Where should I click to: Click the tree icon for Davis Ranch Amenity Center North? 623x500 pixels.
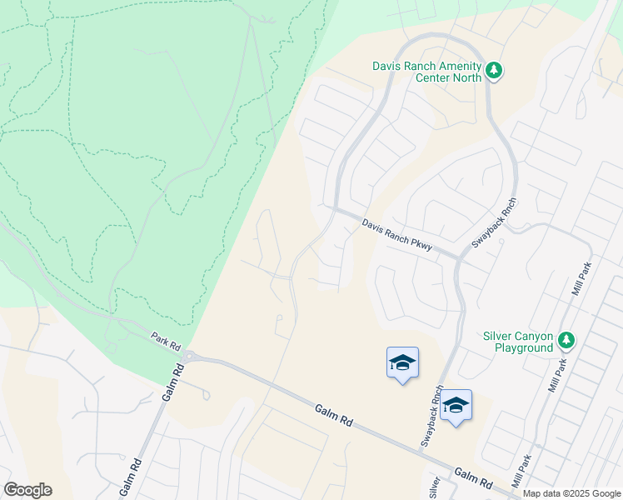[495, 70]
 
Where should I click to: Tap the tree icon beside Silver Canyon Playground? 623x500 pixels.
[566, 340]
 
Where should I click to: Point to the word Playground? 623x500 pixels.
[524, 347]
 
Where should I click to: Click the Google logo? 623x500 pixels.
[27, 490]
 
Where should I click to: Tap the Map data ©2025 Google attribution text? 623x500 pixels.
[572, 493]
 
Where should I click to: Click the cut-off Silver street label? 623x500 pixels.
[434, 487]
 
